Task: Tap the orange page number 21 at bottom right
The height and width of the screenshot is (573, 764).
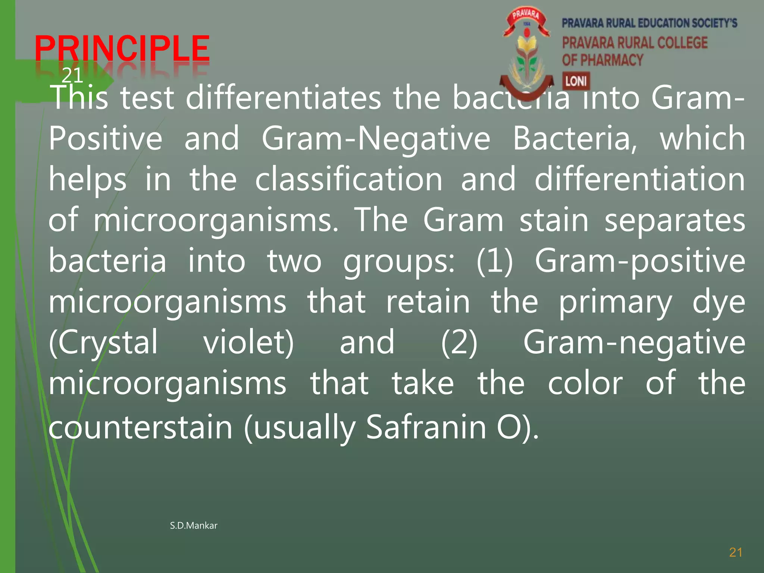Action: pos(736,552)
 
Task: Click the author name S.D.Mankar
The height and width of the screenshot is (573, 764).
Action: pos(193,526)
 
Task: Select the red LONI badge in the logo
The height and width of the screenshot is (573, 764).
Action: pos(576,81)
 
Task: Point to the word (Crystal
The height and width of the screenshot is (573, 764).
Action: pos(103,342)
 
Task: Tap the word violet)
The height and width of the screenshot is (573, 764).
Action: pos(248,342)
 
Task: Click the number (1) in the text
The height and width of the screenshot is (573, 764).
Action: pos(495,261)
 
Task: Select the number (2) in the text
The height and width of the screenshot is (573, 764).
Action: pos(459,342)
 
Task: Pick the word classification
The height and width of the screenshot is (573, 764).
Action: pos(349,179)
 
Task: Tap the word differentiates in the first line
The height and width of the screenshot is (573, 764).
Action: pos(284,98)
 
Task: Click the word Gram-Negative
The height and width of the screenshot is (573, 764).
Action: pos(376,139)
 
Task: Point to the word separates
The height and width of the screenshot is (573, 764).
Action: pos(674,220)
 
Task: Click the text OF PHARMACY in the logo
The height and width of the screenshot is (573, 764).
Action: pos(602,60)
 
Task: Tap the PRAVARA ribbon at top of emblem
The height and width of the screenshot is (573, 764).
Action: pos(526,16)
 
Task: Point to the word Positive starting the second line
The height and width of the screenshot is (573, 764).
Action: pos(106,139)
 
